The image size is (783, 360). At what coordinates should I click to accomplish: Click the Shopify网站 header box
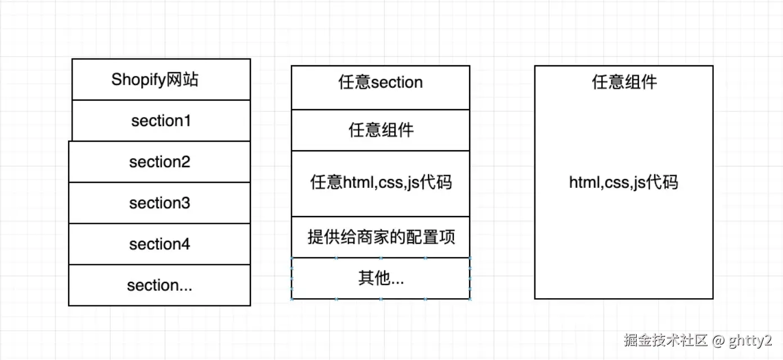pyautogui.click(x=161, y=79)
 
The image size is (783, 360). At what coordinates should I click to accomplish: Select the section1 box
pyautogui.click(x=161, y=120)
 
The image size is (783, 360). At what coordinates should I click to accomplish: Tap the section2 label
pyautogui.click(x=160, y=162)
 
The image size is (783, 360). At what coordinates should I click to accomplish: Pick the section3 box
pyautogui.click(x=160, y=203)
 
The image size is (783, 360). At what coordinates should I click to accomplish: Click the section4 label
pyautogui.click(x=160, y=244)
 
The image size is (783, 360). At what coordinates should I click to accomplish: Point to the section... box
pyautogui.click(x=160, y=285)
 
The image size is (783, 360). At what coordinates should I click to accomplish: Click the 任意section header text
pyautogui.click(x=381, y=82)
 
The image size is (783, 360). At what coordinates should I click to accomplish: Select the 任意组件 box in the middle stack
pyautogui.click(x=381, y=130)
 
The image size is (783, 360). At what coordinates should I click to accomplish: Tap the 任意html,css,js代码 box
pyautogui.click(x=381, y=183)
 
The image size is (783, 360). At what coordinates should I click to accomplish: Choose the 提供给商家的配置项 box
pyautogui.click(x=381, y=237)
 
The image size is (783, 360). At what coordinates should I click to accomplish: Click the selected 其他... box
pyautogui.click(x=381, y=278)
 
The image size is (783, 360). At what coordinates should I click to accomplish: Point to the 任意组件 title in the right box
pyautogui.click(x=624, y=82)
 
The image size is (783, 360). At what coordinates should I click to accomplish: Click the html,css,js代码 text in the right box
pyautogui.click(x=623, y=182)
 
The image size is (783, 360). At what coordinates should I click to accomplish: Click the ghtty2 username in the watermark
pyautogui.click(x=750, y=341)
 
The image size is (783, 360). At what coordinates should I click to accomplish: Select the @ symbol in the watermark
pyautogui.click(x=718, y=341)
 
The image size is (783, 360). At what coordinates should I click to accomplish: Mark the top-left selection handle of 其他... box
pyautogui.click(x=291, y=258)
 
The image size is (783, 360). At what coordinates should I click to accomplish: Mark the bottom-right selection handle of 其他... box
pyautogui.click(x=470, y=299)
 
